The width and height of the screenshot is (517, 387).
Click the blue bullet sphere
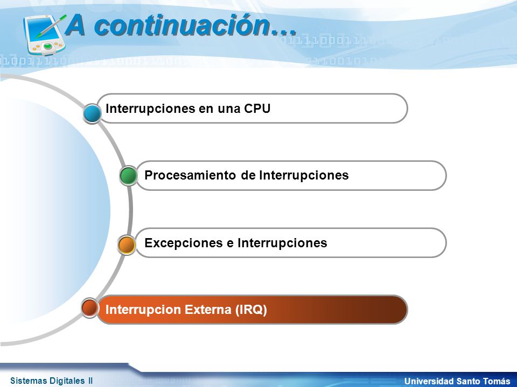[92, 113]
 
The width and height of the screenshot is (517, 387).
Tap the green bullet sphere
[129, 175]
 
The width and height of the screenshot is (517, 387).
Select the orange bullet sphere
[127, 245]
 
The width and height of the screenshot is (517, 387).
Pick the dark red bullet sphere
[90, 307]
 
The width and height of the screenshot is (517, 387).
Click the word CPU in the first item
[257, 109]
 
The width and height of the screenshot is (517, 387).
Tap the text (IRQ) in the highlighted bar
[251, 310]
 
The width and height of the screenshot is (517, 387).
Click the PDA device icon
[45, 35]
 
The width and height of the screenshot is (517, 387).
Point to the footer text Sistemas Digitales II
[52, 381]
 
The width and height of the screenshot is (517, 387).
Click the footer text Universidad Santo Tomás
[457, 381]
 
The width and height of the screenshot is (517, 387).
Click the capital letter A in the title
[75, 25]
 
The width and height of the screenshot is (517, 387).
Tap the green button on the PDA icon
[48, 46]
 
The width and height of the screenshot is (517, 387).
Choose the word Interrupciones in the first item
[150, 109]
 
